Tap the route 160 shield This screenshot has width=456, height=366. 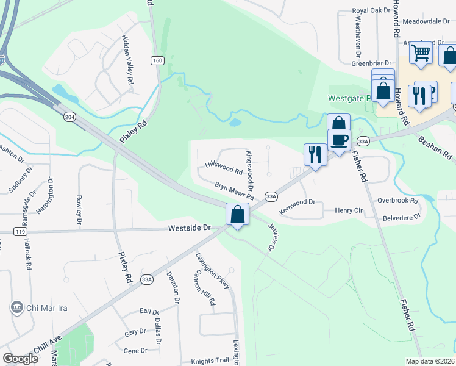click(x=158, y=60)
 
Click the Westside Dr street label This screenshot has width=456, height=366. click(x=189, y=228)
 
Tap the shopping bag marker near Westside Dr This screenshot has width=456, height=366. click(x=237, y=215)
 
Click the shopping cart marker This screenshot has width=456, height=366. click(x=421, y=53)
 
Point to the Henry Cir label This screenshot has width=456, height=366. click(x=349, y=210)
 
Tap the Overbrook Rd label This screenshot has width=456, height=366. click(x=397, y=200)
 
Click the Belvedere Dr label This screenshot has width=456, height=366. click(x=401, y=217)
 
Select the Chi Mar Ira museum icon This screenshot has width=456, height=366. click(x=17, y=306)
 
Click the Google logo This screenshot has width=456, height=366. click(x=21, y=359)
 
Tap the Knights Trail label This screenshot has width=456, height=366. click(x=210, y=361)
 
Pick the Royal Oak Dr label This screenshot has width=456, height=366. click(x=371, y=11)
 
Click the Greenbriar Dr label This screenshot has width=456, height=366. click(x=374, y=62)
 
